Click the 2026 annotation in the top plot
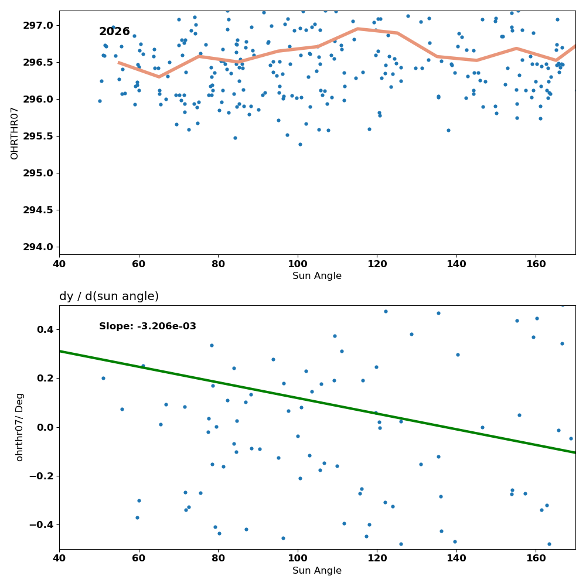click(x=114, y=32)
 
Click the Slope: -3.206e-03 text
click(x=148, y=326)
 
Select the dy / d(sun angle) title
click(x=109, y=297)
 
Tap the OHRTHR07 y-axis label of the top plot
click(x=14, y=134)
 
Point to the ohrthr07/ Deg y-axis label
click(x=19, y=427)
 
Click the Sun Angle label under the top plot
click(x=317, y=276)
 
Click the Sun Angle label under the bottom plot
click(x=317, y=571)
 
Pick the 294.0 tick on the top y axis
click(x=38, y=247)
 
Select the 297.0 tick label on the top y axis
click(x=38, y=25)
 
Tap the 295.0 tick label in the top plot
click(x=38, y=173)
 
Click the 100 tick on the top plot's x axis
click(x=298, y=264)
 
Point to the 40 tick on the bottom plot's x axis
click(x=59, y=558)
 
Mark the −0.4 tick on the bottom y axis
click(x=41, y=525)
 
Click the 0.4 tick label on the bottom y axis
click(x=46, y=329)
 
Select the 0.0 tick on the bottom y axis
click(x=46, y=427)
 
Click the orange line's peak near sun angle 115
click(x=357, y=28)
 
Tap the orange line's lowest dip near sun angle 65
click(x=159, y=77)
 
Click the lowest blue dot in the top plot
click(x=300, y=144)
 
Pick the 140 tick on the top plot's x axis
click(x=456, y=264)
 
